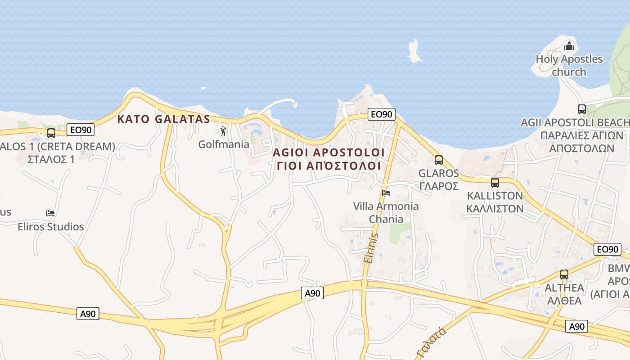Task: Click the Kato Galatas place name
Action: [164, 119]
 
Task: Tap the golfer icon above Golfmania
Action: [223, 131]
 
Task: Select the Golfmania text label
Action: [224, 144]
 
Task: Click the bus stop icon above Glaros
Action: [439, 160]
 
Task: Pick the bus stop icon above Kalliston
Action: [495, 183]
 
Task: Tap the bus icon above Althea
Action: [564, 274]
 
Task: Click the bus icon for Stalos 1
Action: [51, 133]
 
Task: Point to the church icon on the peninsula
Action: [569, 46]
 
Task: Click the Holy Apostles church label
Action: [569, 65]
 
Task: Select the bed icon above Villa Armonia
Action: [386, 193]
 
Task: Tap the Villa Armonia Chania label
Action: [386, 213]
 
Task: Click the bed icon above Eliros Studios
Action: [50, 213]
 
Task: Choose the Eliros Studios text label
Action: [51, 226]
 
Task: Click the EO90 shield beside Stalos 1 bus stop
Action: [81, 130]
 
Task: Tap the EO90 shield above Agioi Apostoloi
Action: [381, 114]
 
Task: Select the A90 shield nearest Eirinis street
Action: [312, 293]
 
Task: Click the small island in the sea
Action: [414, 50]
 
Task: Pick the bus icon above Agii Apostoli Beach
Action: [581, 109]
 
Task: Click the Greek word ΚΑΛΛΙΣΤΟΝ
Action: [495, 208]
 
